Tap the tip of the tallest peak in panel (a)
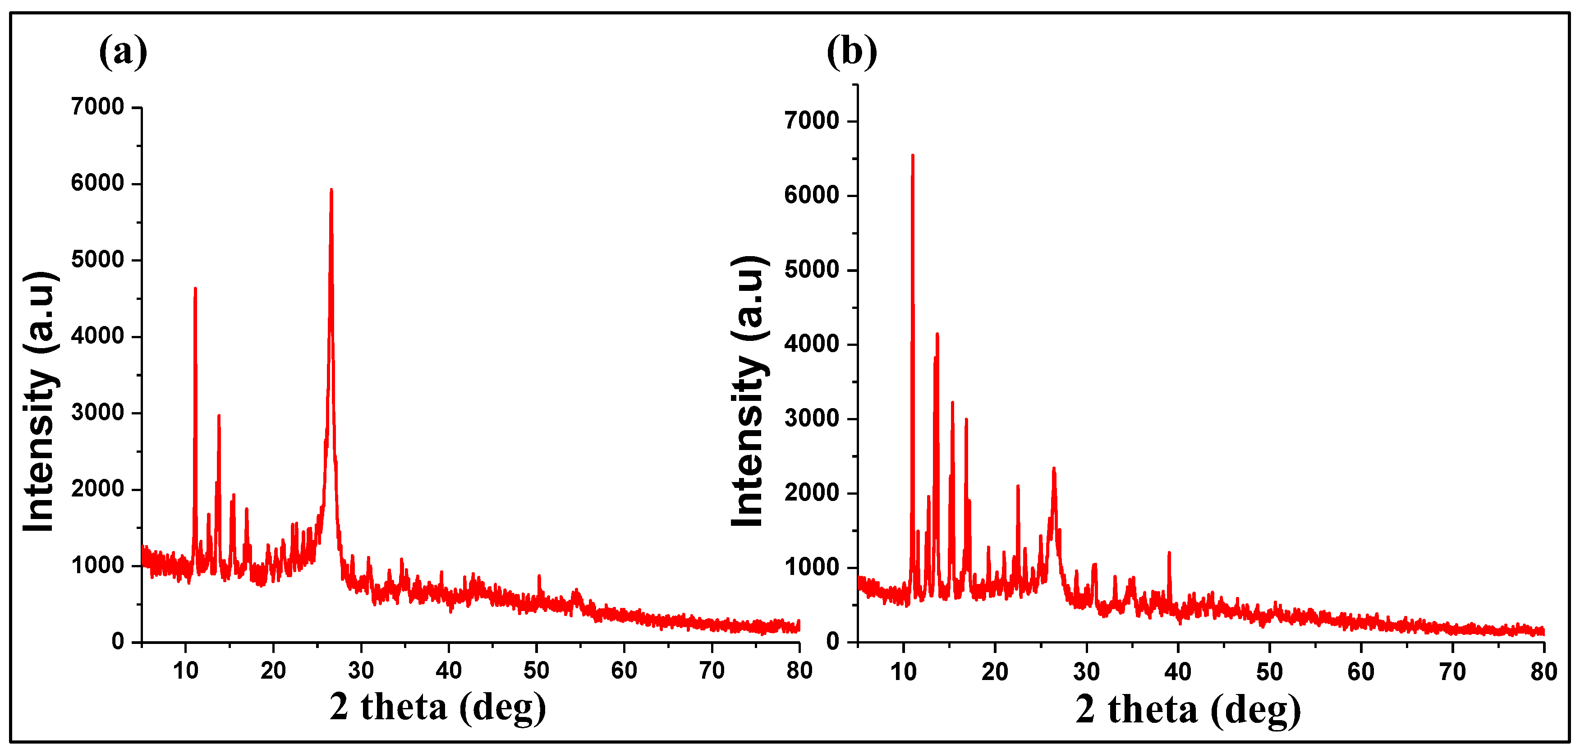pyautogui.click(x=331, y=191)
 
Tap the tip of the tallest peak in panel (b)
pyautogui.click(x=913, y=156)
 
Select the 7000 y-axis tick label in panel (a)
pyautogui.click(x=97, y=107)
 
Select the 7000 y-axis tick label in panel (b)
pyautogui.click(x=812, y=121)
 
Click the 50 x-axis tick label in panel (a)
pyautogui.click(x=536, y=671)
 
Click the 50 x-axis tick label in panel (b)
pyautogui.click(x=1269, y=672)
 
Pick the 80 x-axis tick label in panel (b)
pyautogui.click(x=1543, y=672)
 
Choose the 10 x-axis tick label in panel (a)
pyautogui.click(x=185, y=671)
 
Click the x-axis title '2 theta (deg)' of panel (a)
pyautogui.click(x=437, y=707)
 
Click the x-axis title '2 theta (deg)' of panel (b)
pyautogui.click(x=1188, y=710)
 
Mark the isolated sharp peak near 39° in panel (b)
pyautogui.click(x=1169, y=554)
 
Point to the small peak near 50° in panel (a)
pyautogui.click(x=538, y=577)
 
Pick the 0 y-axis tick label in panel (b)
pyautogui.click(x=832, y=642)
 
